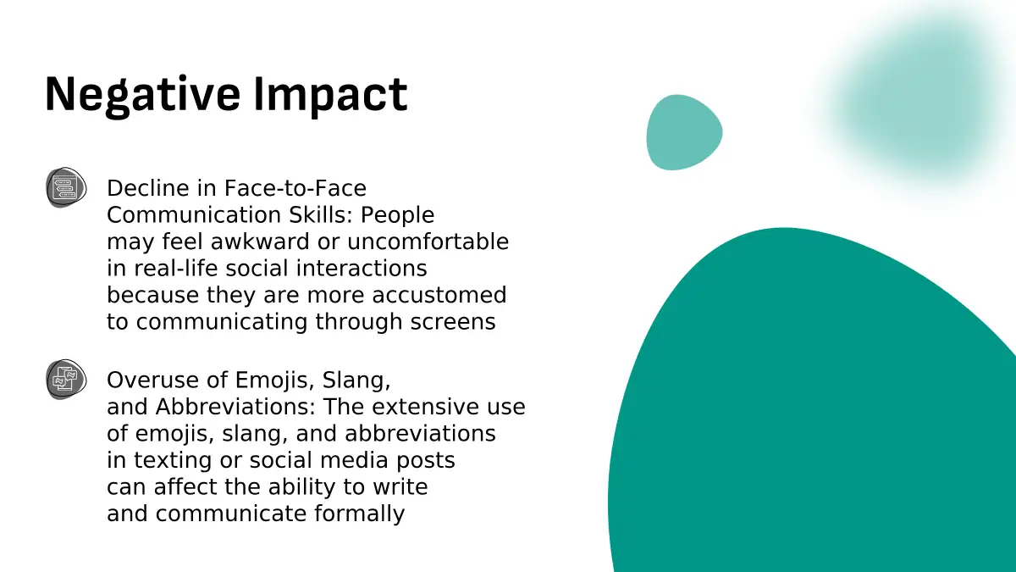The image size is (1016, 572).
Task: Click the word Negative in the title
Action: click(142, 96)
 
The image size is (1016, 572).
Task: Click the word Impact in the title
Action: click(330, 96)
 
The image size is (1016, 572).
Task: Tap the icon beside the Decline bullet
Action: click(66, 187)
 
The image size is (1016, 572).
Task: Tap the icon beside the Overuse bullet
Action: click(66, 380)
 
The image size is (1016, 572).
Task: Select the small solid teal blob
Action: click(684, 132)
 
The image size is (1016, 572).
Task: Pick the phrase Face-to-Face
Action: click(295, 188)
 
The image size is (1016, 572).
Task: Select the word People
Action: click(397, 215)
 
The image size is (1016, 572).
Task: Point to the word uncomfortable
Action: click(428, 242)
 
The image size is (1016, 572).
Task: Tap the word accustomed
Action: click(439, 295)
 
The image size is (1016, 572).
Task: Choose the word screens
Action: click(453, 322)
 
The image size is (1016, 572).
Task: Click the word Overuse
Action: click(153, 380)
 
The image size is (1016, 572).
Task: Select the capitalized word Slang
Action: click(356, 380)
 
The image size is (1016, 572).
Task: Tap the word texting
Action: click(173, 460)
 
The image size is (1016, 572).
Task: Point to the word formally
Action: click(359, 514)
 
